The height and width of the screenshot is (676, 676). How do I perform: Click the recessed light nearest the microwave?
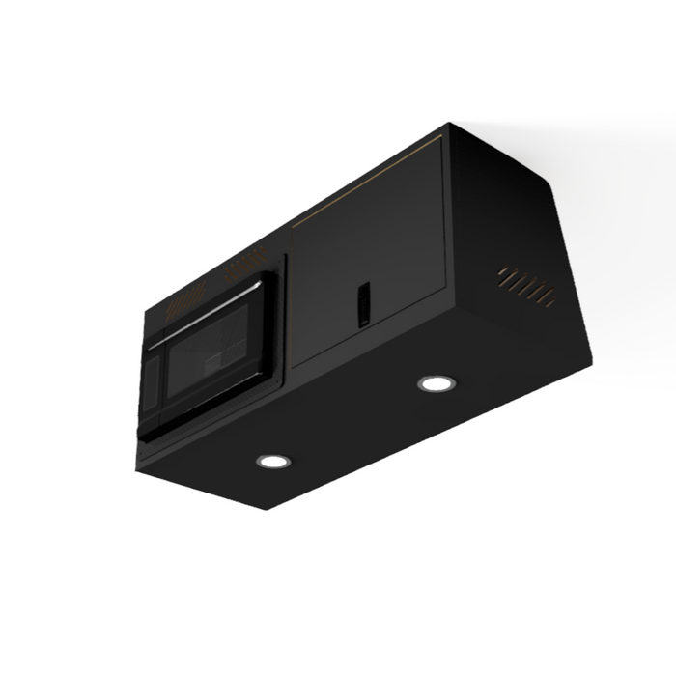point(273,461)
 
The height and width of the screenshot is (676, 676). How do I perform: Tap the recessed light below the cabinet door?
point(437,383)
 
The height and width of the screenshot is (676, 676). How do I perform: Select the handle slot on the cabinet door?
point(363,304)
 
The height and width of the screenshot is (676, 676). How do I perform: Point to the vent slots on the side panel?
point(527,286)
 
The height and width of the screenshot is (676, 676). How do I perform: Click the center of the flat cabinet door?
point(369,256)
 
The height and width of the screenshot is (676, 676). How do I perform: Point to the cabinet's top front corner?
point(448,125)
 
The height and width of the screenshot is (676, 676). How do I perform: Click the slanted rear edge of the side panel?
point(570,261)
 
